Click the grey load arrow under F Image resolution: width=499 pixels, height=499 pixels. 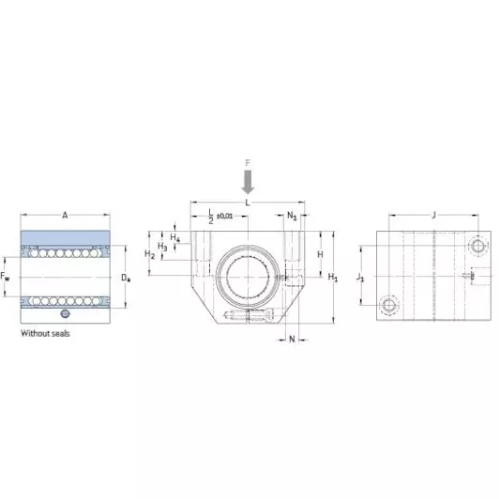click(248, 182)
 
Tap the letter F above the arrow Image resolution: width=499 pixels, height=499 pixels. click(248, 163)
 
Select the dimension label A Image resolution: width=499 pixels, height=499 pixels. click(65, 216)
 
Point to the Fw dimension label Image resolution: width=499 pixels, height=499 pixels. click(5, 276)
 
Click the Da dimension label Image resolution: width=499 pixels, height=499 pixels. click(126, 278)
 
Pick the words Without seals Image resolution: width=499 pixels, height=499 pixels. click(45, 334)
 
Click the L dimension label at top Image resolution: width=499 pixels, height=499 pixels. click(248, 203)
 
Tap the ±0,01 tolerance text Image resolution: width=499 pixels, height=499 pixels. click(225, 216)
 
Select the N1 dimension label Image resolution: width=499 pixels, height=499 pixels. click(292, 216)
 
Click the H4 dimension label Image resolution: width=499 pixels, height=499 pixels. click(175, 237)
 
